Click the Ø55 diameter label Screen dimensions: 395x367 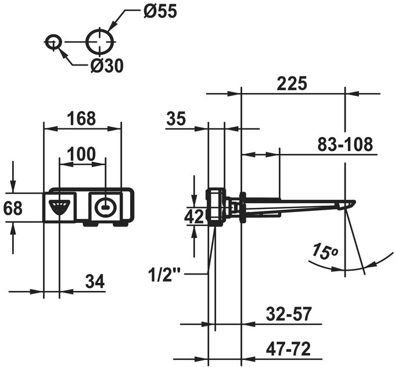(x=160, y=11)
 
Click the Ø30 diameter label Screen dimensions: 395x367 (x=107, y=66)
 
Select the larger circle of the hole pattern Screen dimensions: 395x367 (x=100, y=42)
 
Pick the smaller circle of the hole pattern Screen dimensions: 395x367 (x=53, y=42)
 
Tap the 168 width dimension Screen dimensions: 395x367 (x=81, y=118)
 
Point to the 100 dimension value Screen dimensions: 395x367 (x=81, y=154)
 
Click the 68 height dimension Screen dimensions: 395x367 (x=13, y=208)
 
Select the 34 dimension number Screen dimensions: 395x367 (x=95, y=281)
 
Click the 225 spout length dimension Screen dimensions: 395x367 (x=292, y=83)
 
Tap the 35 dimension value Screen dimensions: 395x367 (x=176, y=118)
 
